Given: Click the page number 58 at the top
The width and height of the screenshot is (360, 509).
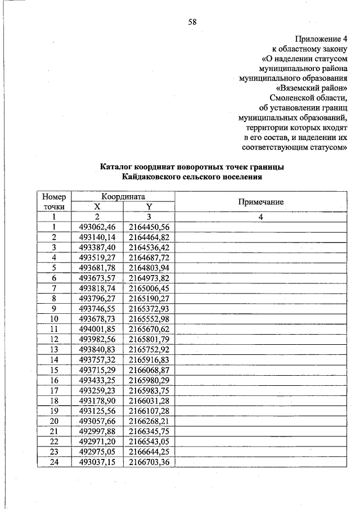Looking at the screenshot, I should click(192, 22).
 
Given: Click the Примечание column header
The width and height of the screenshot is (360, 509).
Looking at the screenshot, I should click(260, 202).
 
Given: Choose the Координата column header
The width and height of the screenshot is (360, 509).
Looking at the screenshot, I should click(123, 197).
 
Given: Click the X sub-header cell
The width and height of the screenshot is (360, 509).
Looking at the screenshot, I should click(97, 206).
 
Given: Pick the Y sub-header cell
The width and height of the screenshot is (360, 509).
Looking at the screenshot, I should click(149, 206).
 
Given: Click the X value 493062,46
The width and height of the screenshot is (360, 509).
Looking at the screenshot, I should click(97, 227).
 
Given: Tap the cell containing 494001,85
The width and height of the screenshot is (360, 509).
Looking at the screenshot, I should click(97, 328).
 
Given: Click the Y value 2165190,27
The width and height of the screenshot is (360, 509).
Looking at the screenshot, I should click(149, 298).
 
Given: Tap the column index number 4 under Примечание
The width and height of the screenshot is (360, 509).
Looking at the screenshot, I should click(260, 217).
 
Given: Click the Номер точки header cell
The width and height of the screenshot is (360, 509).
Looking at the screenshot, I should click(54, 202).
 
